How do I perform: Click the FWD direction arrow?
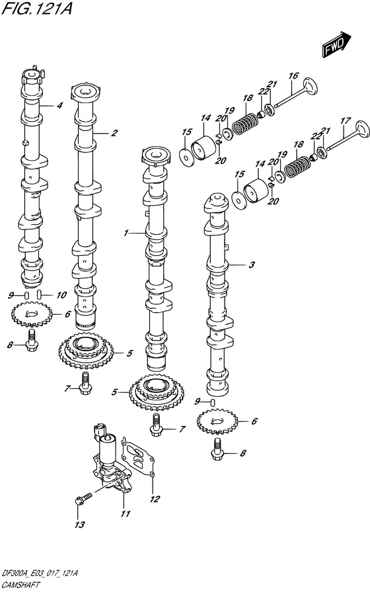(x=337, y=44)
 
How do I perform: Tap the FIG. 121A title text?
(x=37, y=8)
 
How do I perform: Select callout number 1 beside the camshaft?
(x=126, y=233)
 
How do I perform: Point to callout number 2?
(x=114, y=133)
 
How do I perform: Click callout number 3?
(x=252, y=265)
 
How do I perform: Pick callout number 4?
(x=59, y=106)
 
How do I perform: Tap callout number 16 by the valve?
(x=293, y=76)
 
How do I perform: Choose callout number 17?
(x=346, y=122)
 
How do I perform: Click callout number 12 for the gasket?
(x=154, y=499)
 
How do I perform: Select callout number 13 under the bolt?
(x=79, y=525)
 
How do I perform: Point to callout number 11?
(x=126, y=513)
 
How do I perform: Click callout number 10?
(x=61, y=295)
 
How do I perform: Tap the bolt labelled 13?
(x=84, y=498)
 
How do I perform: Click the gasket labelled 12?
(x=139, y=458)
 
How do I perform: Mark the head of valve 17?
(x=363, y=130)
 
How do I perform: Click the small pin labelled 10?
(x=39, y=294)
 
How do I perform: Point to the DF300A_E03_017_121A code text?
(x=40, y=574)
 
